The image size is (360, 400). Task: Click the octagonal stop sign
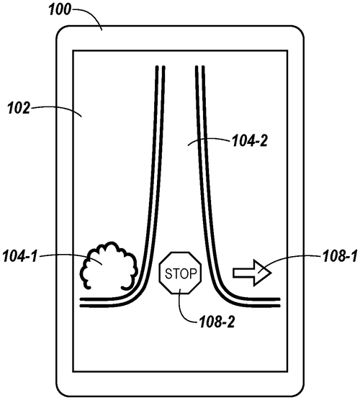point(180,273)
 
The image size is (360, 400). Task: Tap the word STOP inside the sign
point(180,274)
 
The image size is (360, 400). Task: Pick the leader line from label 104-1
point(68,255)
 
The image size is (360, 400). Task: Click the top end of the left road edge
point(159,68)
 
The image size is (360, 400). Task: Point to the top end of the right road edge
point(199,68)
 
